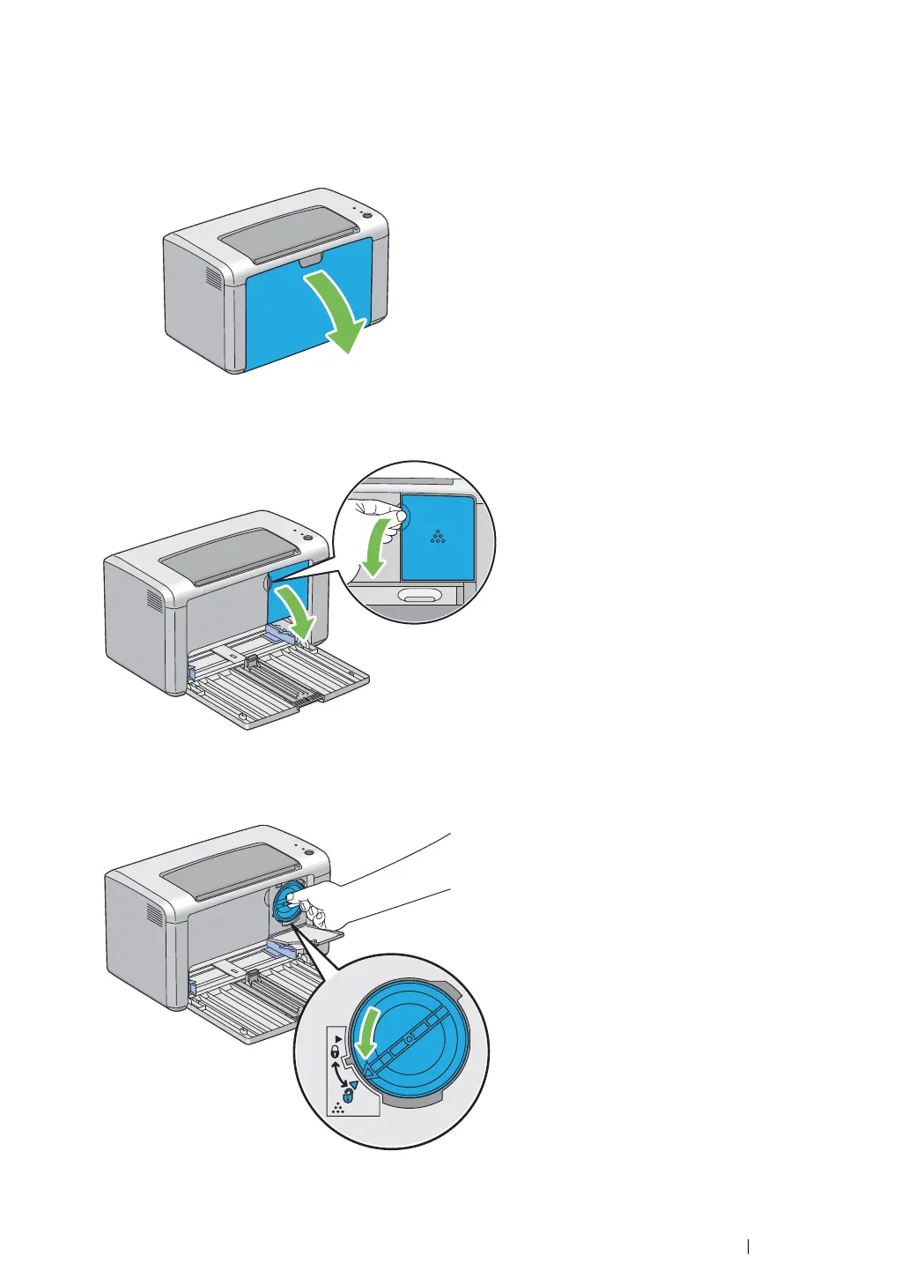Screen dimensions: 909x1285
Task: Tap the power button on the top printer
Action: (x=367, y=215)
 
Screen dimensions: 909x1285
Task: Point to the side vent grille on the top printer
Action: (x=213, y=277)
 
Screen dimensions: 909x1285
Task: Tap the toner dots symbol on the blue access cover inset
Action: (x=438, y=536)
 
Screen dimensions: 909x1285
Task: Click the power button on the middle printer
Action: (x=307, y=537)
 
